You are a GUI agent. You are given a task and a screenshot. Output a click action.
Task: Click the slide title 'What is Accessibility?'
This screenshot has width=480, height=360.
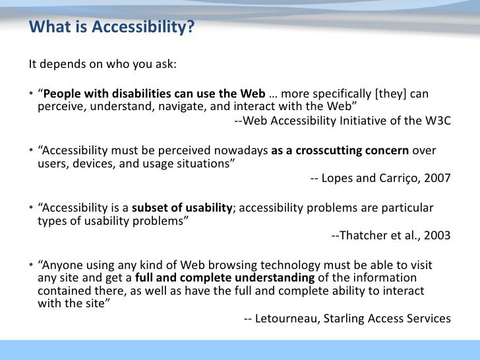tap(111, 28)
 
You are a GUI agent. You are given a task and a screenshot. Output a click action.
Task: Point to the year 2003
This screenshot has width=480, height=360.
tap(438, 235)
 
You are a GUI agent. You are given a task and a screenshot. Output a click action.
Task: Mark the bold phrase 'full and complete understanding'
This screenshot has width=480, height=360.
tap(224, 278)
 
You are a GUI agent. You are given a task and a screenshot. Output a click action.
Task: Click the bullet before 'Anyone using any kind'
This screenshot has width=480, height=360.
tap(30, 265)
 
